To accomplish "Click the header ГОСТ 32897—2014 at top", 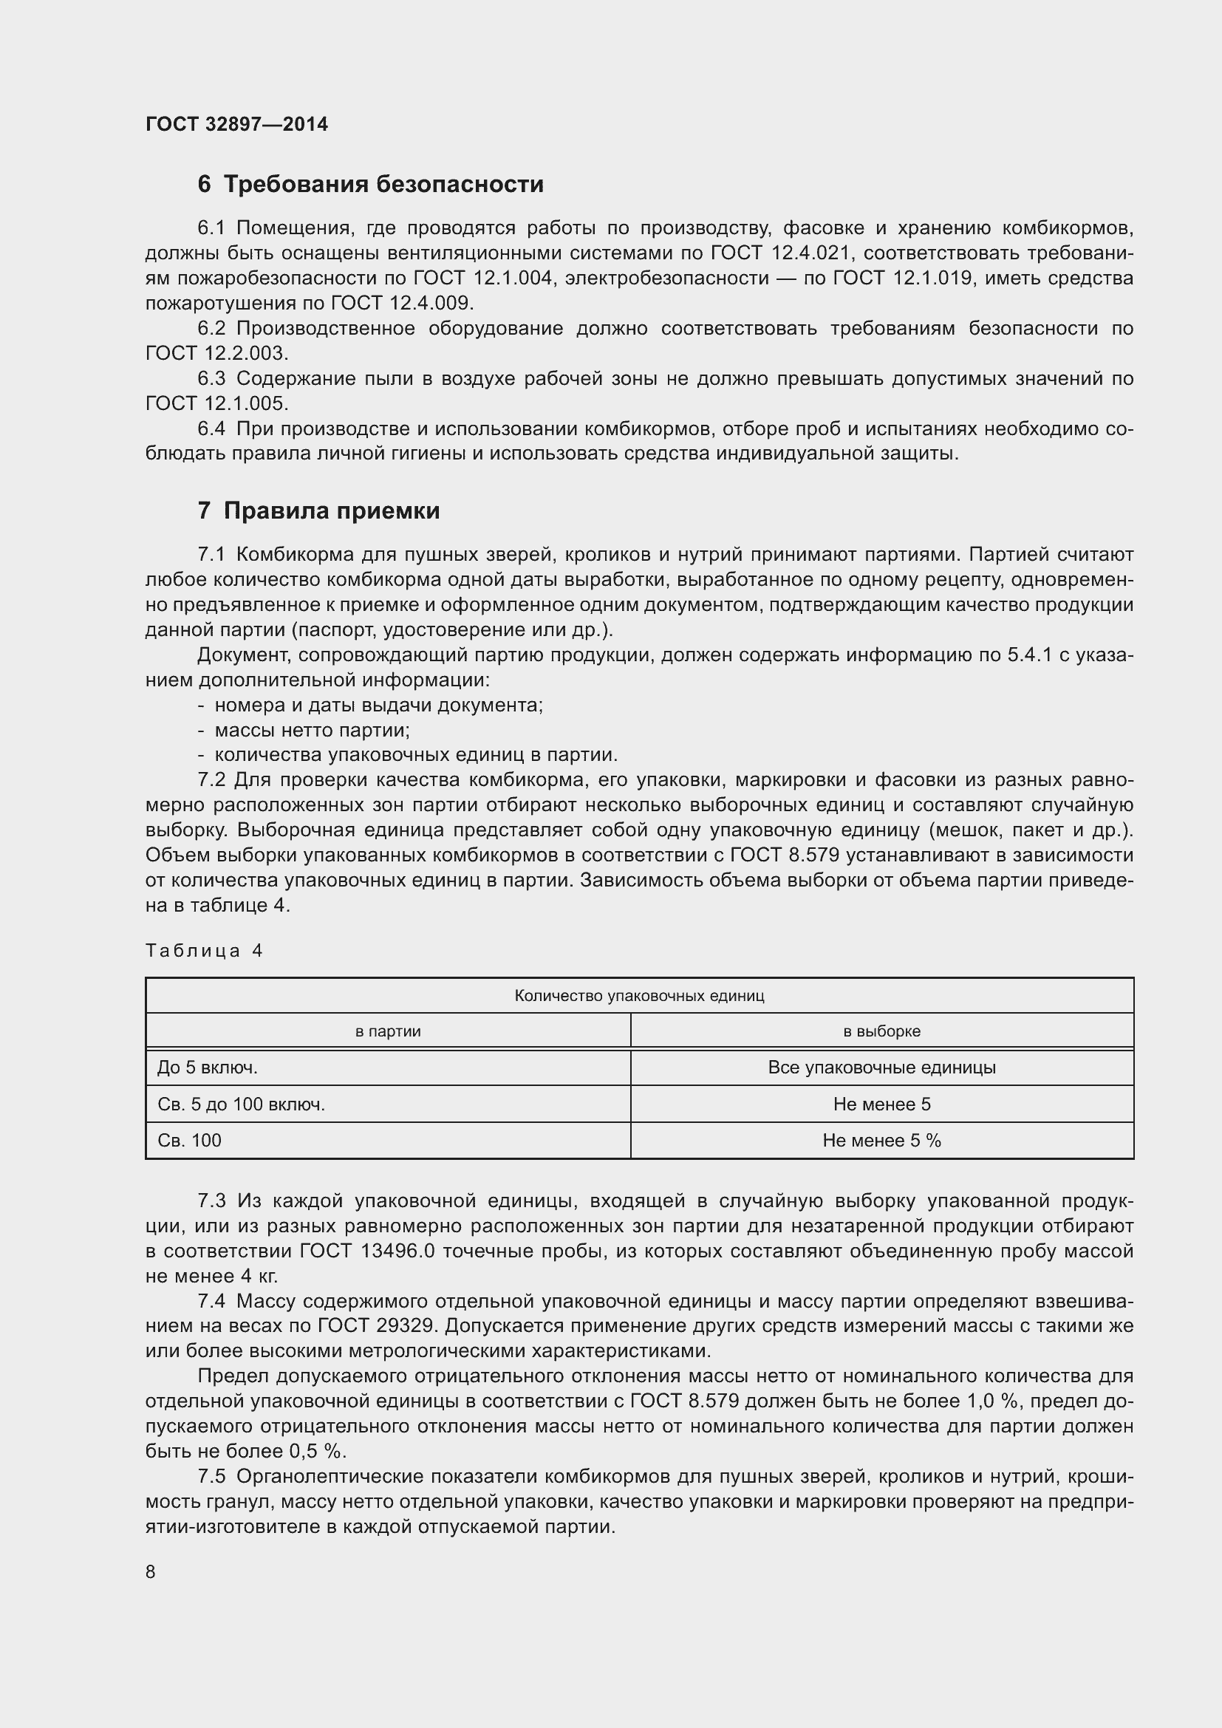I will [236, 124].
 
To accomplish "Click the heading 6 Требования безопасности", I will [370, 185].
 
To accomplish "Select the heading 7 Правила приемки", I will [318, 511].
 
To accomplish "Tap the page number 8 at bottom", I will [151, 1571].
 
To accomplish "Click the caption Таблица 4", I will [204, 951].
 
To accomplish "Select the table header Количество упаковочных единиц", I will [639, 996].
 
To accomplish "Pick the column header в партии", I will [388, 1031].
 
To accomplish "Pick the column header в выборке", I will [881, 1031].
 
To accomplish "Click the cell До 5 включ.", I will [208, 1068].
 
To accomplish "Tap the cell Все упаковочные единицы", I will [881, 1068].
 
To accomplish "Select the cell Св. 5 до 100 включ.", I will [242, 1104].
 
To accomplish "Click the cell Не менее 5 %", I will [881, 1140].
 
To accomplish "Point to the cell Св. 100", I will [190, 1140].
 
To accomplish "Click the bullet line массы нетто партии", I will [312, 730].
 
